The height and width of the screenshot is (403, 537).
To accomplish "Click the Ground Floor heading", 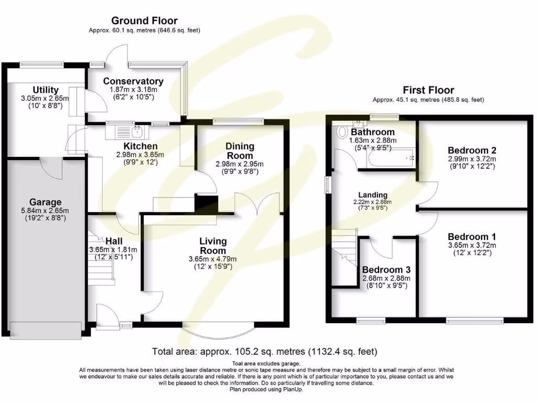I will coord(144,21).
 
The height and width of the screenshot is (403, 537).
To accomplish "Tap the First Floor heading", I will coord(428,90).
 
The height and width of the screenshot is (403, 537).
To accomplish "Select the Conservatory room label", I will coord(133,81).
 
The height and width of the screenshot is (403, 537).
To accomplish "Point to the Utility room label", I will coord(46,90).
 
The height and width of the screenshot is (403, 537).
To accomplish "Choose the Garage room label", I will coord(45,202).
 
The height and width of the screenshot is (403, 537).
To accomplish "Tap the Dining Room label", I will coord(240,151).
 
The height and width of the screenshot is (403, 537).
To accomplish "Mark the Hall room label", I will coord(114,241).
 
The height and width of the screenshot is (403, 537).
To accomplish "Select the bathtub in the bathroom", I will coord(389,157).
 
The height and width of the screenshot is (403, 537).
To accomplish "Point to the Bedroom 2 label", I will coord(471,150).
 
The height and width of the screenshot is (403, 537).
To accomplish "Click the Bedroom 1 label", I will coord(471,237).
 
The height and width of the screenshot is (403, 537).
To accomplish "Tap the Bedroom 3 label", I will coord(386,270).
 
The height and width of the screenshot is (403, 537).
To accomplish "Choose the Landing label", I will coord(373,195).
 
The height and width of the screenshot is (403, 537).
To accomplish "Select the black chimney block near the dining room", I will coord(206,203).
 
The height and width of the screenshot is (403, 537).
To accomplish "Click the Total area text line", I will coord(264,352).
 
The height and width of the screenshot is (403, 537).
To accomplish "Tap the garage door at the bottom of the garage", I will coord(46,329).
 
